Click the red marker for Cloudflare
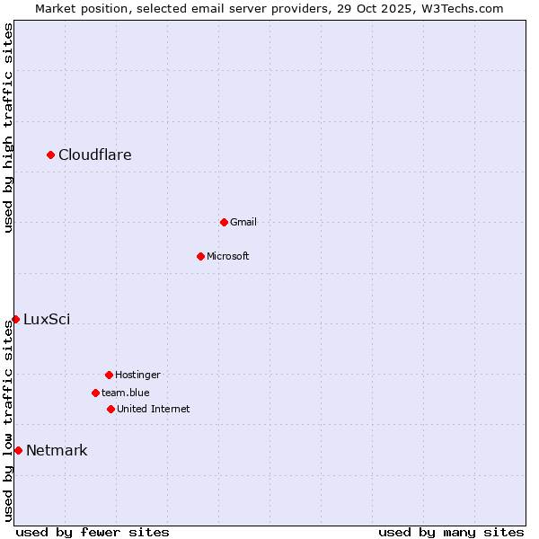(x=50, y=155)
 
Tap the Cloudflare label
(x=95, y=155)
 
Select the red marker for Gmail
(x=224, y=222)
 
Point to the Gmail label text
(x=243, y=222)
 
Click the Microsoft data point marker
(x=200, y=256)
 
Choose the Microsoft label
(x=228, y=256)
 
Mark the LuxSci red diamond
(x=15, y=319)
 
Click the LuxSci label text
(x=47, y=319)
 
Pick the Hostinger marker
(x=109, y=375)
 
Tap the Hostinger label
(x=137, y=375)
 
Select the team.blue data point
(x=95, y=393)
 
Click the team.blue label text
(x=126, y=393)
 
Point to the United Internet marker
(x=110, y=409)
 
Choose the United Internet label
(x=154, y=409)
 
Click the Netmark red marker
(x=18, y=450)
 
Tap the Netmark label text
(x=57, y=450)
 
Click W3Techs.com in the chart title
(x=464, y=8)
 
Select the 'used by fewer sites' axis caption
(x=93, y=532)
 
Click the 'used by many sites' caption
(x=451, y=532)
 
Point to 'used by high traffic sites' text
(x=9, y=128)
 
